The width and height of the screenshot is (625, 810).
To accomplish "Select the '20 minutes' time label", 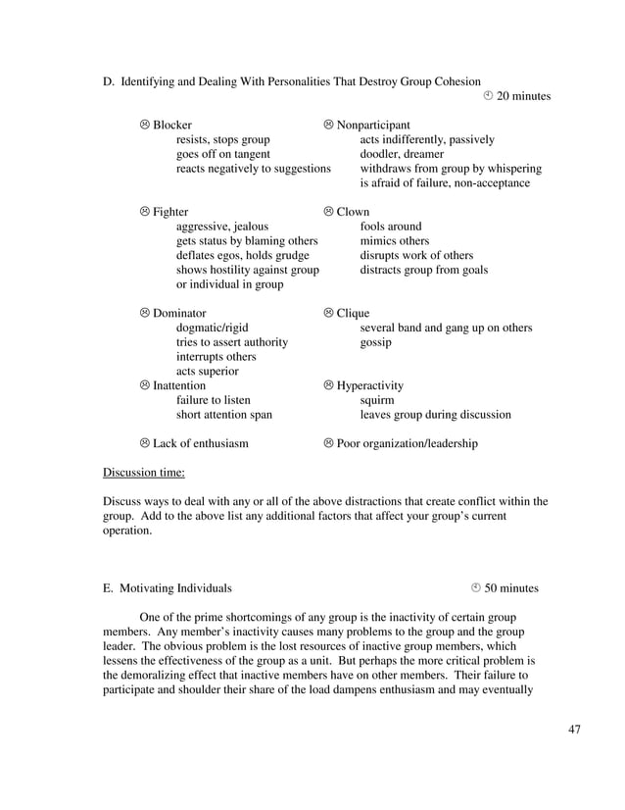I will click(524, 96).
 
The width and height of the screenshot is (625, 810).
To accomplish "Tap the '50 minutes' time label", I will click(511, 588).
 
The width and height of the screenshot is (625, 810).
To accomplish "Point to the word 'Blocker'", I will click(172, 126).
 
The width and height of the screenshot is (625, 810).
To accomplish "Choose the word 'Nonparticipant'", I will click(373, 126).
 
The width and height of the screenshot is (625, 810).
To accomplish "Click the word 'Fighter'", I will click(170, 212).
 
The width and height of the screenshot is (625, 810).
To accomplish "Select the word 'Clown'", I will click(353, 212).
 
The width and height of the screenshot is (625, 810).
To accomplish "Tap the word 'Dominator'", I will click(179, 313).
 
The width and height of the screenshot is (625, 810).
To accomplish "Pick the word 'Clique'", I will click(353, 313).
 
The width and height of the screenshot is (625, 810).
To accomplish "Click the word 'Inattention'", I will click(179, 385).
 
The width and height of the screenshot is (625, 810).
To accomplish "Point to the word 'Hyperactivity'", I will click(370, 385).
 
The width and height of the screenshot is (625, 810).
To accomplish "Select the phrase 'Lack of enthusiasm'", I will click(200, 443).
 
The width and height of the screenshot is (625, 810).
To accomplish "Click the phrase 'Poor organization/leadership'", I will click(408, 443).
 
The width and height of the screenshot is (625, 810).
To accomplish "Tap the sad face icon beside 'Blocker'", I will click(145, 126).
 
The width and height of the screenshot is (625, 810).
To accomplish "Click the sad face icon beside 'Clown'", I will click(329, 212).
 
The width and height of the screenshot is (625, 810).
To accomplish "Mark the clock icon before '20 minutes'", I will click(489, 96).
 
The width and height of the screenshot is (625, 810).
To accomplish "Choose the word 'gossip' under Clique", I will click(376, 342).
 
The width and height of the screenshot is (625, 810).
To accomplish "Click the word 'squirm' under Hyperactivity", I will click(377, 400).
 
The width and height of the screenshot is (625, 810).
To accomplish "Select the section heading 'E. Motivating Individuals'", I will click(168, 588).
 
